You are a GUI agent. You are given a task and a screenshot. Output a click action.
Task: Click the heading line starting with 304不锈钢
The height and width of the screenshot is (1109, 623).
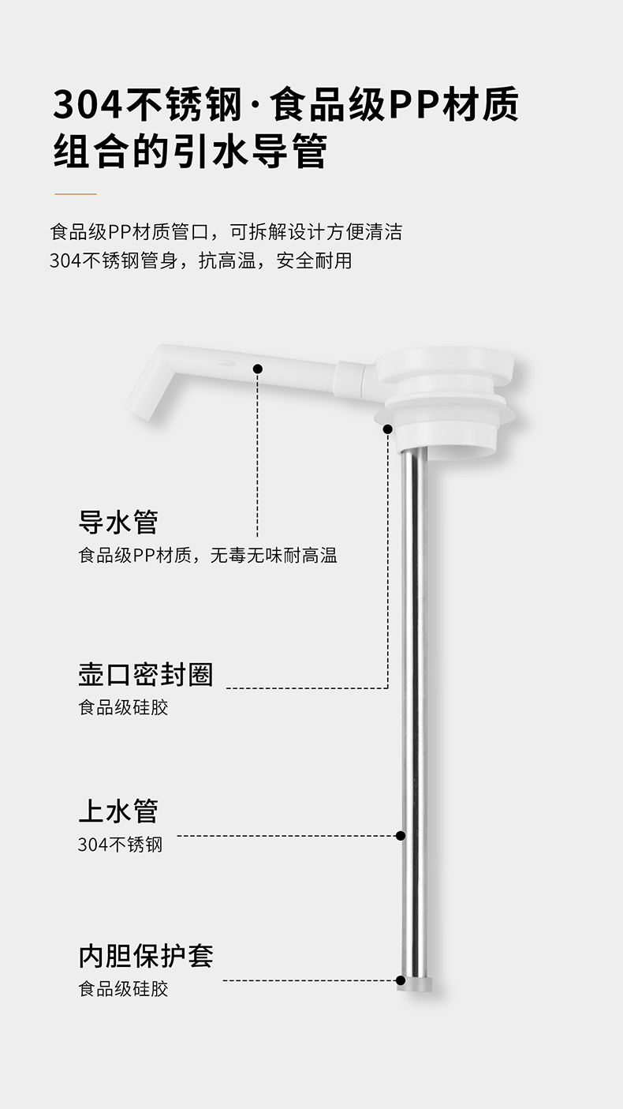click(285, 104)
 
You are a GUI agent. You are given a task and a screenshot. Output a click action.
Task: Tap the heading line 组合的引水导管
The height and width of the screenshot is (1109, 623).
click(190, 152)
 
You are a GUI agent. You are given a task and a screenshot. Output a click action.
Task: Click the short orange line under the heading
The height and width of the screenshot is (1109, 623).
click(76, 193)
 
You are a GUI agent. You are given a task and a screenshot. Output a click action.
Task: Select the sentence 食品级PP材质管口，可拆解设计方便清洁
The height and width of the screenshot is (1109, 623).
click(226, 232)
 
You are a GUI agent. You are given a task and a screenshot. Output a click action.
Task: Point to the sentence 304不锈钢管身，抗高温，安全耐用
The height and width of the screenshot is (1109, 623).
click(200, 260)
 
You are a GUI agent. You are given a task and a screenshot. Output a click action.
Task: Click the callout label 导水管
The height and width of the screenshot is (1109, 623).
click(118, 523)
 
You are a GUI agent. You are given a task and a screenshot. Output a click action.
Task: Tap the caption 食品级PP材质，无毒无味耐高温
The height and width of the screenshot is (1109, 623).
click(207, 556)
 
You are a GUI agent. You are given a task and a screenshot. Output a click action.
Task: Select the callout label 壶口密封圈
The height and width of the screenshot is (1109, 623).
click(146, 675)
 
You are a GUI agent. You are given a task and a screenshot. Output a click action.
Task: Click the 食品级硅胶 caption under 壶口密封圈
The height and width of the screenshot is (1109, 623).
click(123, 707)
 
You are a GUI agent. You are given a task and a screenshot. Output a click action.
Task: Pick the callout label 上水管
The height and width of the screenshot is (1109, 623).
click(118, 811)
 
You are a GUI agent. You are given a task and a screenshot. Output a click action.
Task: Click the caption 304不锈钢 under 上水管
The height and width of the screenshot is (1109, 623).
click(120, 845)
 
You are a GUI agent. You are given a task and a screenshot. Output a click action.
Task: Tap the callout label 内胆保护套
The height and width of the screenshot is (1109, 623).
click(146, 956)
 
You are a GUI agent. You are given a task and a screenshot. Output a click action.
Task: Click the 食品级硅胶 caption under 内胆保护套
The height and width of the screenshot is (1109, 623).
click(123, 989)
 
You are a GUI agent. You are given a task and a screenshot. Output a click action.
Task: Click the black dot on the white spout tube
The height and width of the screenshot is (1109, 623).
click(257, 368)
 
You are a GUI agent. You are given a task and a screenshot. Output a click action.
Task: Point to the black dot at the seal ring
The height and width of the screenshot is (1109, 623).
click(388, 429)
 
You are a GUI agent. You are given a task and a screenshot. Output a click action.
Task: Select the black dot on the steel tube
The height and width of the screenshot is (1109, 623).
click(401, 835)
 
